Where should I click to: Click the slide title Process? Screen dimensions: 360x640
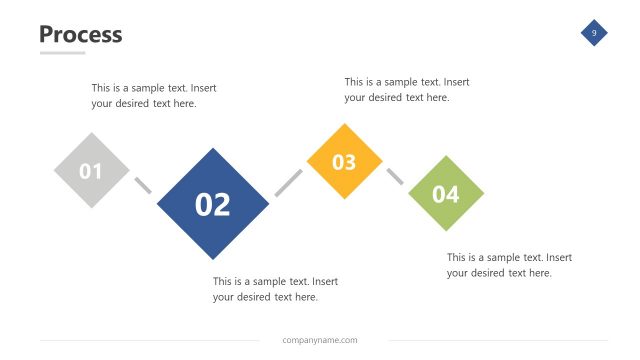pyautogui.click(x=80, y=34)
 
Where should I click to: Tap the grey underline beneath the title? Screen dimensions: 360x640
pyautogui.click(x=62, y=53)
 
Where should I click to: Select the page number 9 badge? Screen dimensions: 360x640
pyautogui.click(x=594, y=33)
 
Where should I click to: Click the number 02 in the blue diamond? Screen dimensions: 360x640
pyautogui.click(x=213, y=204)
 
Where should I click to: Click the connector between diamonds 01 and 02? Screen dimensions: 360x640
pyautogui.click(x=143, y=185)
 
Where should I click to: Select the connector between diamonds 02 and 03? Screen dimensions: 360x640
pyautogui.click(x=288, y=182)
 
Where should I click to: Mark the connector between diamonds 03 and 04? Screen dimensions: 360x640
pyautogui.click(x=395, y=176)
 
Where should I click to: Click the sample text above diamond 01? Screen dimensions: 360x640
pyautogui.click(x=153, y=95)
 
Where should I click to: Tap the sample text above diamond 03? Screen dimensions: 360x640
pyautogui.click(x=406, y=89)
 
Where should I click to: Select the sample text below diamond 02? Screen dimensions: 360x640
pyautogui.click(x=275, y=289)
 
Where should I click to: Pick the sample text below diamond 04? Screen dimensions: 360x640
pyautogui.click(x=509, y=265)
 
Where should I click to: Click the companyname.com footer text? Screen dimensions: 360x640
pyautogui.click(x=320, y=340)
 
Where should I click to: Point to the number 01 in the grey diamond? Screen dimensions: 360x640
pyautogui.click(x=91, y=171)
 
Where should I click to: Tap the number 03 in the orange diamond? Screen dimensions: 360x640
pyautogui.click(x=344, y=162)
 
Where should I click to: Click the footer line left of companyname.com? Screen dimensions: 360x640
pyautogui.click(x=150, y=340)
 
